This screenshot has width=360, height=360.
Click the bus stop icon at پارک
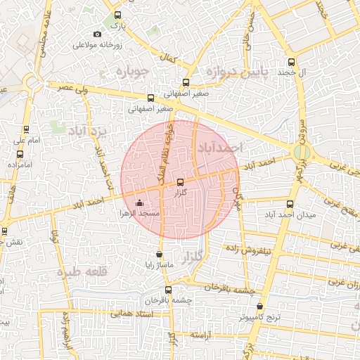pos(117,15)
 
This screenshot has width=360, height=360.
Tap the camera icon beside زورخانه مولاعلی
pos(97,34)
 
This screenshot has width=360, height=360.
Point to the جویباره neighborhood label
pos(131,72)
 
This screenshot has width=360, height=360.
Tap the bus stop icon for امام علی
pos(26,129)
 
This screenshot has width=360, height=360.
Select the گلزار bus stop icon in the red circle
pos(181,182)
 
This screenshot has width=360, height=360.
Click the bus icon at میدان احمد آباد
pos(290,202)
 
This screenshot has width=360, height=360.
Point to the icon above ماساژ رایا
pos(160,255)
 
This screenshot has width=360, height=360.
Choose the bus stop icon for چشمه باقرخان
pos(167,289)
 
